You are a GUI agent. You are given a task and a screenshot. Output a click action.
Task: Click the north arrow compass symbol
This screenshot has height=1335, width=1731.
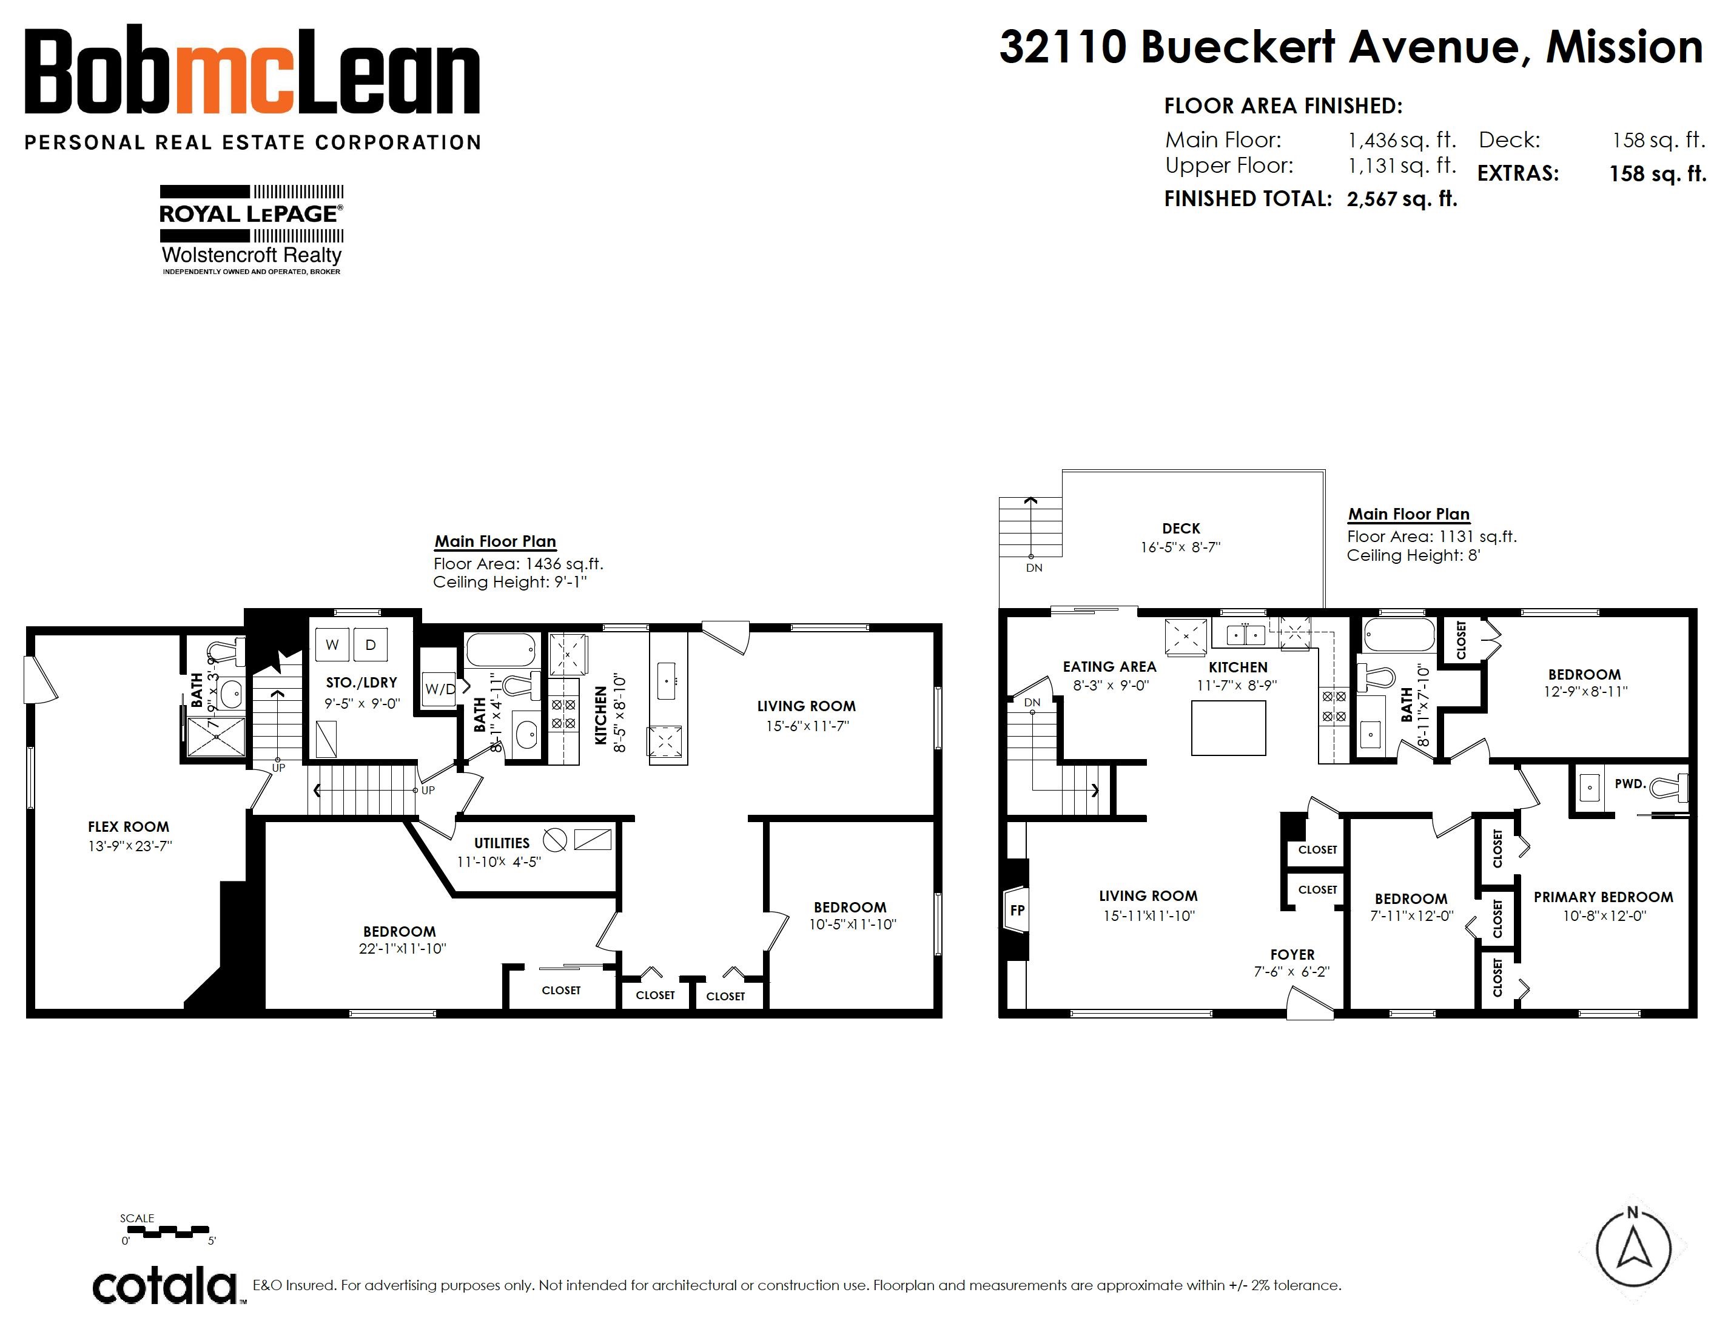tap(1633, 1250)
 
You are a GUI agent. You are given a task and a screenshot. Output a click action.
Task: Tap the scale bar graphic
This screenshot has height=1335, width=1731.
tap(168, 1231)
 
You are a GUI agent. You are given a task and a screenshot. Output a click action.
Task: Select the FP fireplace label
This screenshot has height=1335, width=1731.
tap(1017, 911)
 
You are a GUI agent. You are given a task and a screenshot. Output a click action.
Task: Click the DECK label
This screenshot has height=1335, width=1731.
tap(1181, 529)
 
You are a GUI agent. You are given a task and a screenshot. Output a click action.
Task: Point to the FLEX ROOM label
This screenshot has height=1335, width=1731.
tap(129, 826)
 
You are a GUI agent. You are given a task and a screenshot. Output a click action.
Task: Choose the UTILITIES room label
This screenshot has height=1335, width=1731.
tap(502, 843)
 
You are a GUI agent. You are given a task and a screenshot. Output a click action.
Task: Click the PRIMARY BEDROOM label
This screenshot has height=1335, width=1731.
tap(1604, 897)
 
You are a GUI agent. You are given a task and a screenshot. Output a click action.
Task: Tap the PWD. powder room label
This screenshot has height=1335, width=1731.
tap(1630, 783)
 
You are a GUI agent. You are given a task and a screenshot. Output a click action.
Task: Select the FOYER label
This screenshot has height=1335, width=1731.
tap(1292, 955)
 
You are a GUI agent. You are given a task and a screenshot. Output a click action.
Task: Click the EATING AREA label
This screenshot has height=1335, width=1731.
tap(1109, 667)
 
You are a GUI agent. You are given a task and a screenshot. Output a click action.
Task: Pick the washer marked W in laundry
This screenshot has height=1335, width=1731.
tap(333, 644)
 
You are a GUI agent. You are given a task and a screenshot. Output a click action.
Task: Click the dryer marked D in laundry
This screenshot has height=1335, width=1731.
tap(370, 644)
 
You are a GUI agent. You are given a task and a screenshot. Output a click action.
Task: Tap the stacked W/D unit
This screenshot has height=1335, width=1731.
tap(440, 689)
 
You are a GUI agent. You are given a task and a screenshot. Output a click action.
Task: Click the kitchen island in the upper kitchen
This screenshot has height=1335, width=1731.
tap(1229, 728)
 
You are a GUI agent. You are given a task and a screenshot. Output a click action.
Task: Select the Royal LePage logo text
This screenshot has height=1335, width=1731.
tap(251, 214)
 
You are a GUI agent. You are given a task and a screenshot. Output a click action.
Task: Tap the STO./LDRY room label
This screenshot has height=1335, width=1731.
tap(361, 682)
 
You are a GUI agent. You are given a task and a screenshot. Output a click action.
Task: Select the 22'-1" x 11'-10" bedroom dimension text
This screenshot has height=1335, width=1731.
tap(403, 948)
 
